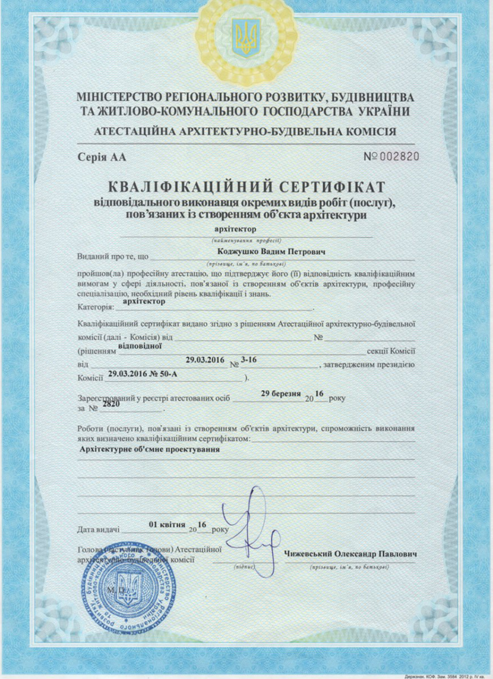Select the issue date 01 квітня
[x=167, y=524]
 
